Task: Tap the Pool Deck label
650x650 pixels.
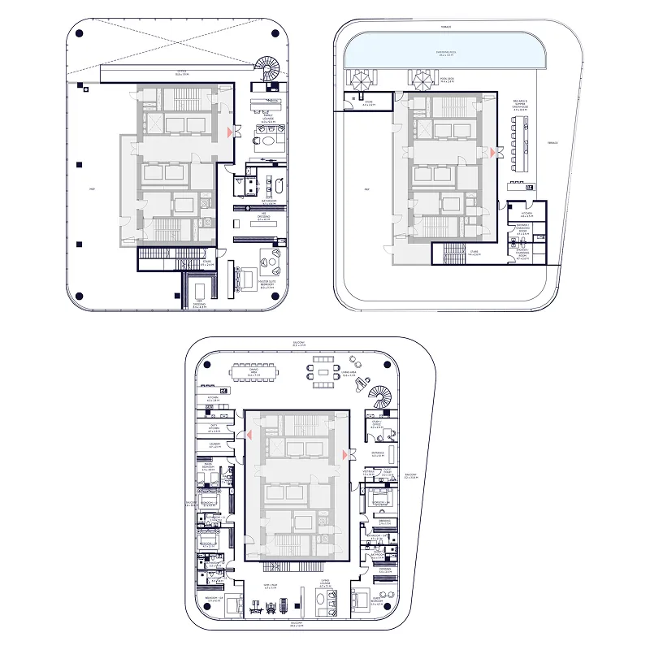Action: pos(446,79)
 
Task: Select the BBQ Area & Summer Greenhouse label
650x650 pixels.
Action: pos(520,105)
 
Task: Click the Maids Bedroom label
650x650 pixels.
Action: pos(207,468)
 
